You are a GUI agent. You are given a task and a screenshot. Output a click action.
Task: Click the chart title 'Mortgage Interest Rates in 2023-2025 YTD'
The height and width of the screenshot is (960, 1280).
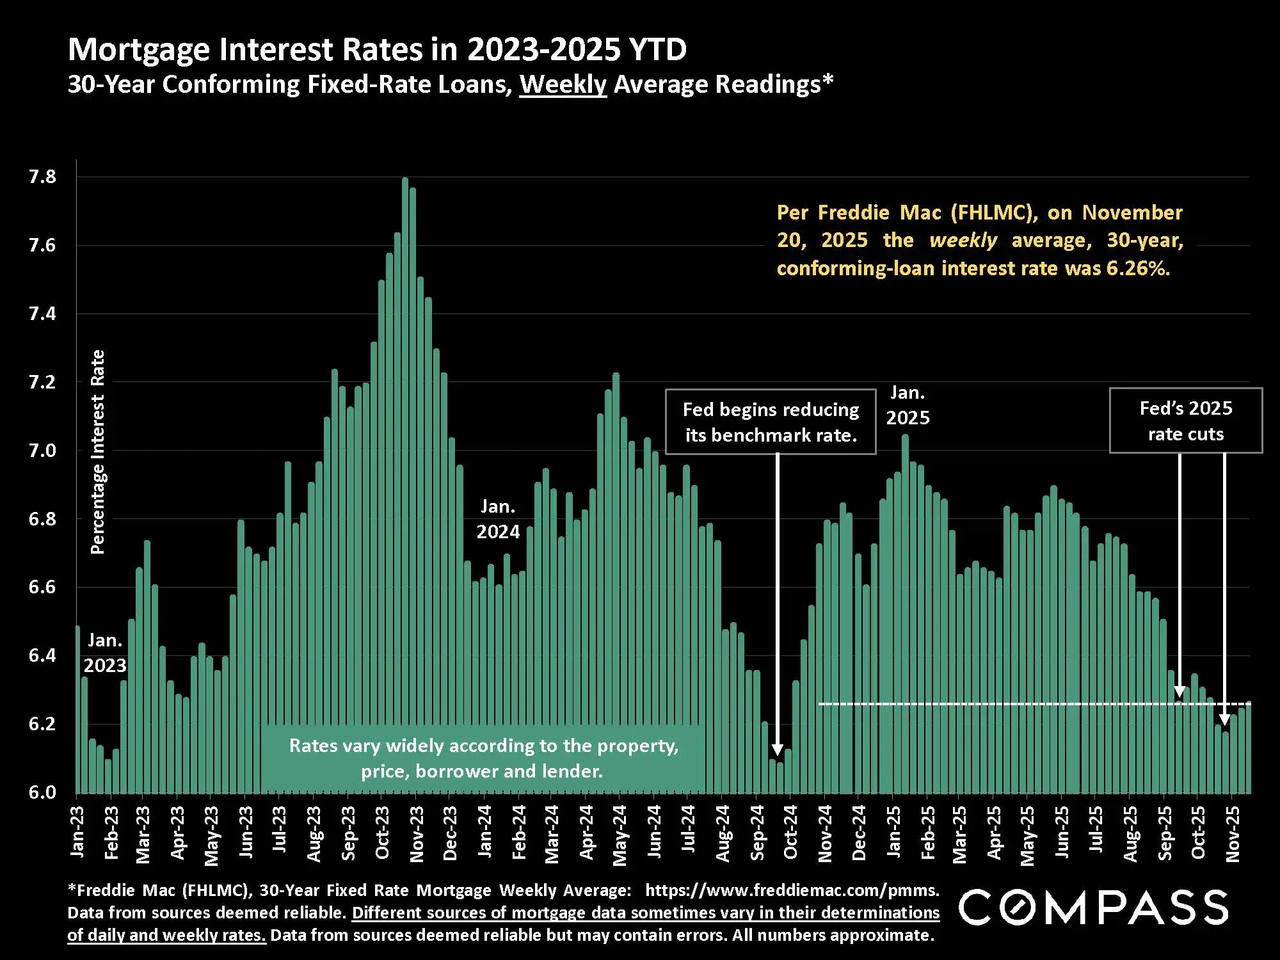click(377, 49)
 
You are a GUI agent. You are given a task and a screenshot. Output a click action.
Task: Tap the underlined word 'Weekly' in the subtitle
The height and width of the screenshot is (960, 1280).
click(563, 84)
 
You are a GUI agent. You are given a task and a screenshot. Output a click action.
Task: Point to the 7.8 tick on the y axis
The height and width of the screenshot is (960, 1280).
click(42, 177)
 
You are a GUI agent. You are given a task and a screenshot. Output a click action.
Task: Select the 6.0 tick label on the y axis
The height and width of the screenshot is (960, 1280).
click(42, 792)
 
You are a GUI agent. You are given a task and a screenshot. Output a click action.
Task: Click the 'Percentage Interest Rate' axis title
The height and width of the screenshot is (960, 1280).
click(97, 451)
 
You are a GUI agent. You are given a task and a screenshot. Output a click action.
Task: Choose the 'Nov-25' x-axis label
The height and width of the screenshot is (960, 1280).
click(1233, 833)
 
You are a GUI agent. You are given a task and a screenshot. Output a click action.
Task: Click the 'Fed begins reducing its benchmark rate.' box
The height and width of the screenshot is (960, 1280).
click(771, 422)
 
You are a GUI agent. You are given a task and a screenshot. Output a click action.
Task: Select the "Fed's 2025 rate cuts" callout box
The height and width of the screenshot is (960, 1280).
click(1185, 420)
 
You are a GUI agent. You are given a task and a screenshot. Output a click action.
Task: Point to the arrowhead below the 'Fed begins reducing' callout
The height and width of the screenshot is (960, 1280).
click(778, 750)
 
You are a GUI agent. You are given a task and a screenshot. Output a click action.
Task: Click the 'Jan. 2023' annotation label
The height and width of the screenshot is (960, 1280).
click(105, 653)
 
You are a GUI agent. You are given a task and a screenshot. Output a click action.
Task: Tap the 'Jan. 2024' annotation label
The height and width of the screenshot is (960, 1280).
click(498, 519)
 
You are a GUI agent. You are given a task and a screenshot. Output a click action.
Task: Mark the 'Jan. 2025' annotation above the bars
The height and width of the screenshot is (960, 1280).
click(908, 405)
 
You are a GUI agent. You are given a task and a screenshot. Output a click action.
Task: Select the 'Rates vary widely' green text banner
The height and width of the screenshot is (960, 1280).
click(483, 758)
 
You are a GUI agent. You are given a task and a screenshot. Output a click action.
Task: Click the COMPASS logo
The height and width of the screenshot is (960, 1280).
click(1093, 907)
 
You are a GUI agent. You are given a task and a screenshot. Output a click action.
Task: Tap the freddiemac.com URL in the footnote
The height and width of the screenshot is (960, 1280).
click(792, 890)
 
